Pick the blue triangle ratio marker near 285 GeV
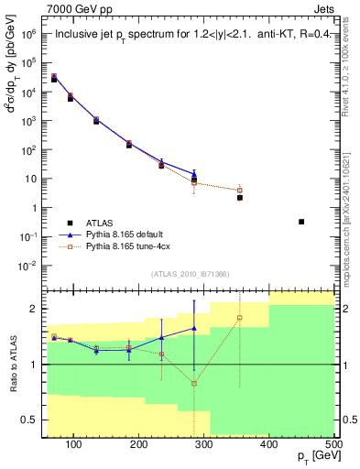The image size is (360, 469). pos(194,328)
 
